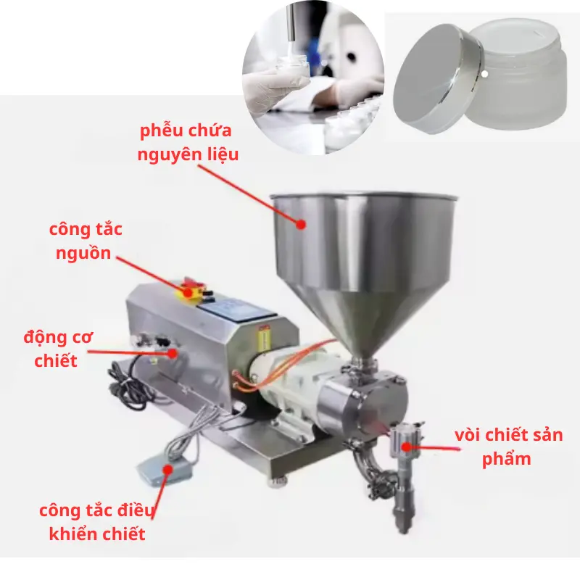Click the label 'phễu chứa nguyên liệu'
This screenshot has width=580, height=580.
click(187, 143)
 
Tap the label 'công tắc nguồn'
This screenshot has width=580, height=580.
click(86, 241)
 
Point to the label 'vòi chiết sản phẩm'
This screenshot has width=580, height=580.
click(507, 447)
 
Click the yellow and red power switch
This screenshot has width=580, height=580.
click(191, 290)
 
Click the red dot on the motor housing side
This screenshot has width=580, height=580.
click(173, 353)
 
